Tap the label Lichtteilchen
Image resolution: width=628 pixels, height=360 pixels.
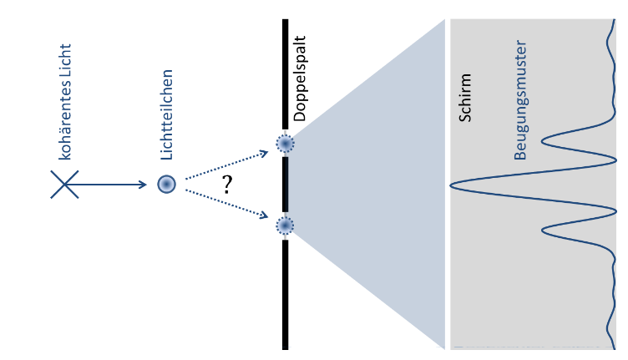point(167,114)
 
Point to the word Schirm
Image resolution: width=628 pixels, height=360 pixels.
point(466,99)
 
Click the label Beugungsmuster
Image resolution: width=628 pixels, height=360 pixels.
point(520,100)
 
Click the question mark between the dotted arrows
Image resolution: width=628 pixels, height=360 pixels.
point(225,185)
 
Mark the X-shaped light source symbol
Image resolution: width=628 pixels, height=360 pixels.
point(65,185)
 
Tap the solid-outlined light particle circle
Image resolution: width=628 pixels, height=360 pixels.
point(167,185)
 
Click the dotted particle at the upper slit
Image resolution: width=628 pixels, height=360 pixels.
point(286,145)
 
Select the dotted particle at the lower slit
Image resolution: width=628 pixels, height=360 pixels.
point(286,226)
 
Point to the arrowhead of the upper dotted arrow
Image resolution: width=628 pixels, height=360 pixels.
point(265,152)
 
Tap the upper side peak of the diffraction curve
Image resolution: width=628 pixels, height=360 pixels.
point(544,139)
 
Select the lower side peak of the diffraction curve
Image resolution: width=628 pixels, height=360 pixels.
point(544,230)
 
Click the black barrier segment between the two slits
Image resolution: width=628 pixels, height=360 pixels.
point(286,185)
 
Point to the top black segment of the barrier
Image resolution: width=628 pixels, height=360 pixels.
point(286,75)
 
